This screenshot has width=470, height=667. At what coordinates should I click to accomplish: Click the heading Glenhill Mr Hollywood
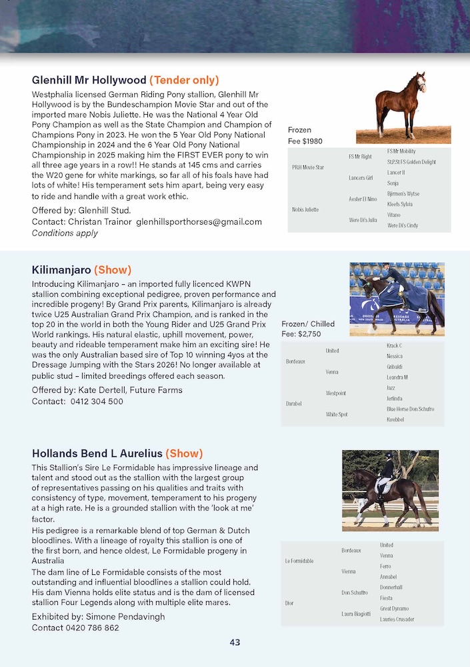pos(89,80)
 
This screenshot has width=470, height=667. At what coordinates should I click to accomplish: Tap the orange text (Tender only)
pos(183,80)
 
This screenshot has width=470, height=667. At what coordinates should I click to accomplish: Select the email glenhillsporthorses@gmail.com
pos(199,221)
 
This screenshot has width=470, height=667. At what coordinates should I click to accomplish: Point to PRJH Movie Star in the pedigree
pos(308,167)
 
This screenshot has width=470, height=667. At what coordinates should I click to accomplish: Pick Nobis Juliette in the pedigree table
pos(305,209)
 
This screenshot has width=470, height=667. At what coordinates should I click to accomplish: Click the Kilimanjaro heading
pos(61,270)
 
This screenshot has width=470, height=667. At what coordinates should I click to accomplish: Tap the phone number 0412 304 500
pos(97,402)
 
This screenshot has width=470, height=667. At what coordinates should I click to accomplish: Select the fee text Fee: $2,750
pos(301,333)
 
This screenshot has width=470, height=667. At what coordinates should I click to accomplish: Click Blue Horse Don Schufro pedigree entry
pos(410,409)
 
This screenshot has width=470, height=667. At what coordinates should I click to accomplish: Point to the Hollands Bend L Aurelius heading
pos(97,454)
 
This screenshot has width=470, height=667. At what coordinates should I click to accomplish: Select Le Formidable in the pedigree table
pos(299,561)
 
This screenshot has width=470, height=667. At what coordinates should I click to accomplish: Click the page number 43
pos(235,643)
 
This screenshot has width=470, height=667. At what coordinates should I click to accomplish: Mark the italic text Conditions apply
pos(65,233)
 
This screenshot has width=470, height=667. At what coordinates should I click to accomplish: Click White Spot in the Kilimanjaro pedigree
pos(337,414)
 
